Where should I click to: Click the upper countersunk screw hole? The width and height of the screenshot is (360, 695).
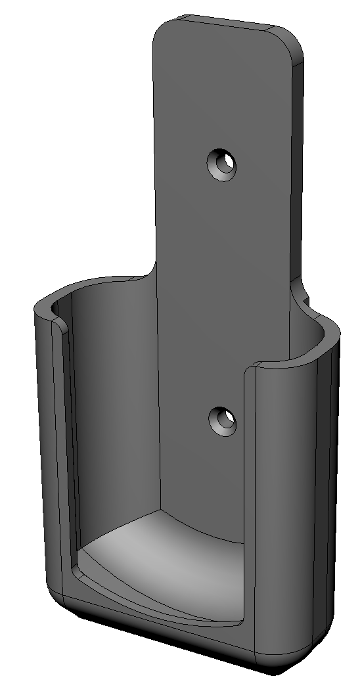tap(222, 164)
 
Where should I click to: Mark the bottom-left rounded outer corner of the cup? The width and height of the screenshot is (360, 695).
tap(56, 591)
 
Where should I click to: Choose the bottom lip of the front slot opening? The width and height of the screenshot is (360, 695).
tap(158, 608)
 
